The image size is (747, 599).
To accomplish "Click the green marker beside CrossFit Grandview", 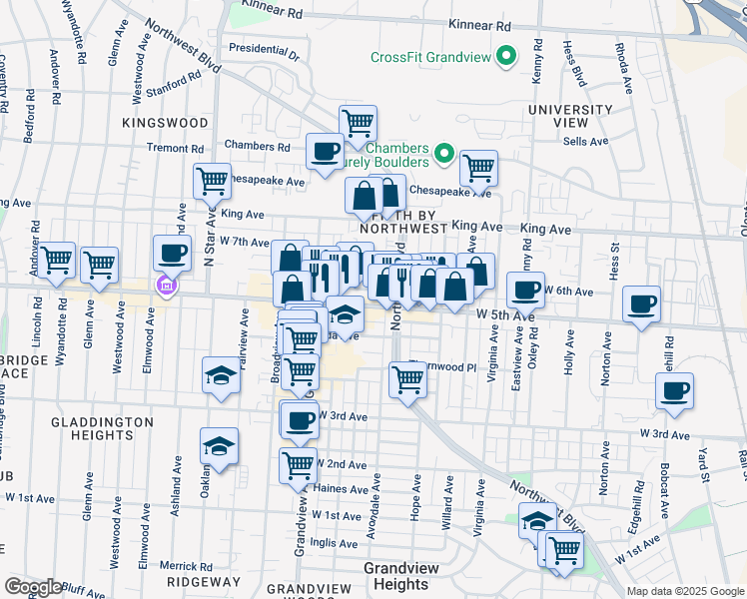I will pyautogui.click(x=505, y=56).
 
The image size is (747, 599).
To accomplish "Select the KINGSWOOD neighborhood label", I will pyautogui.click(x=165, y=122).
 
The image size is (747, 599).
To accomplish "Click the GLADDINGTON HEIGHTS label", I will pyautogui.click(x=103, y=430).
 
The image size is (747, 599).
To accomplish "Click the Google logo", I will pyautogui.click(x=33, y=587).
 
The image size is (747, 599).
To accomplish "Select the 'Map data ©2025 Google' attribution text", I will pyautogui.click(x=684, y=591).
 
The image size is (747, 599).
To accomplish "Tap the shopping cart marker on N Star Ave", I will pyautogui.click(x=212, y=182).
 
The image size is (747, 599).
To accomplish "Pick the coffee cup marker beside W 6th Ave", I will pyautogui.click(x=525, y=290).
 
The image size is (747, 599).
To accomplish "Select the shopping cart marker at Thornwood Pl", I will pyautogui.click(x=407, y=379).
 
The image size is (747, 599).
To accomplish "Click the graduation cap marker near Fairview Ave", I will pyautogui.click(x=221, y=375).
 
